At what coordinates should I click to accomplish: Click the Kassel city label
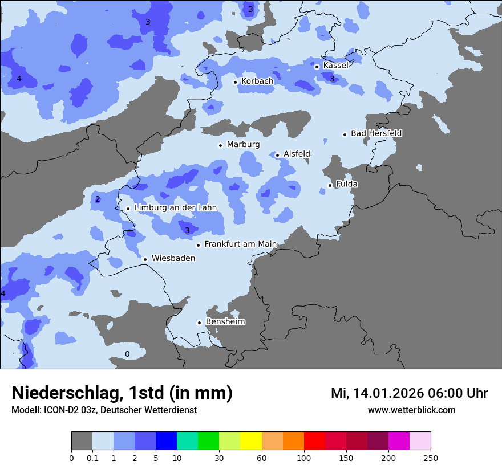(x=335, y=66)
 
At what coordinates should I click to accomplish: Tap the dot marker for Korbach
(x=235, y=82)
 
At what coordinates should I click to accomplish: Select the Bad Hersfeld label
(x=376, y=133)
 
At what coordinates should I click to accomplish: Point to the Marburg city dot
(x=220, y=145)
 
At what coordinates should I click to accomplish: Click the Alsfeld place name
(x=297, y=154)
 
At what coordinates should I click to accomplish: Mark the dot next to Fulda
(x=330, y=185)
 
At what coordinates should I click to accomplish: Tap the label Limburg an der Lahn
(x=175, y=208)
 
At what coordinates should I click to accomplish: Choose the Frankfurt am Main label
(x=240, y=244)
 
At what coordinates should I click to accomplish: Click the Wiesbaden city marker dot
(x=145, y=259)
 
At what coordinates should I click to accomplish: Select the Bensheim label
(x=225, y=322)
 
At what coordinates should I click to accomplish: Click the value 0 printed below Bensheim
(x=127, y=354)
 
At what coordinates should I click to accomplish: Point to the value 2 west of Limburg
(x=98, y=199)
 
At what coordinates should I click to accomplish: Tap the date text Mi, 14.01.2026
(x=375, y=393)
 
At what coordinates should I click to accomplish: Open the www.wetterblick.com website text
(x=411, y=410)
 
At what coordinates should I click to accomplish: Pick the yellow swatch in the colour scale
(x=251, y=441)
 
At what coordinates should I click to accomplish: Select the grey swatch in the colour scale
(x=82, y=441)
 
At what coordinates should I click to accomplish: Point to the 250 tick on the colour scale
(x=431, y=458)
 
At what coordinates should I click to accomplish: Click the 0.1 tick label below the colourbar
(x=92, y=458)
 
